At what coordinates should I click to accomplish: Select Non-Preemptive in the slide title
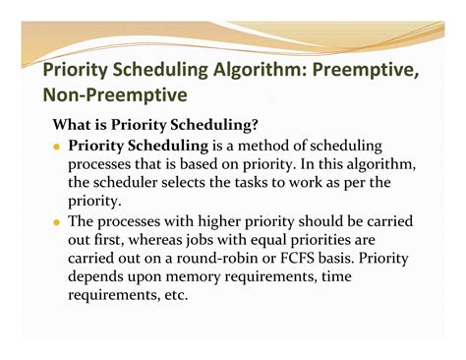(116, 96)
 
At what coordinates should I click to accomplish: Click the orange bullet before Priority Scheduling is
(58, 146)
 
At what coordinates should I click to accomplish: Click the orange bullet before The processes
(58, 222)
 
